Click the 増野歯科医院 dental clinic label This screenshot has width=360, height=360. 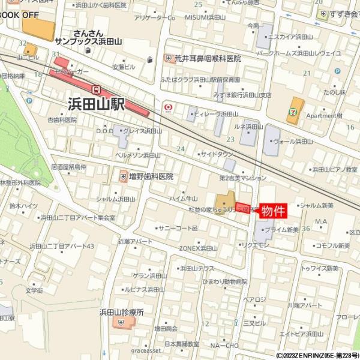[151, 176]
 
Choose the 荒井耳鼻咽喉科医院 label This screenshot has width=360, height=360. [207, 58]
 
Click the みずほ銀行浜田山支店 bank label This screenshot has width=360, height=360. [242, 95]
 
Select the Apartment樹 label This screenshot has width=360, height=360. [323, 115]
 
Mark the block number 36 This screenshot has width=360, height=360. [305, 229]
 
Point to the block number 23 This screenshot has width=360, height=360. [229, 139]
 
